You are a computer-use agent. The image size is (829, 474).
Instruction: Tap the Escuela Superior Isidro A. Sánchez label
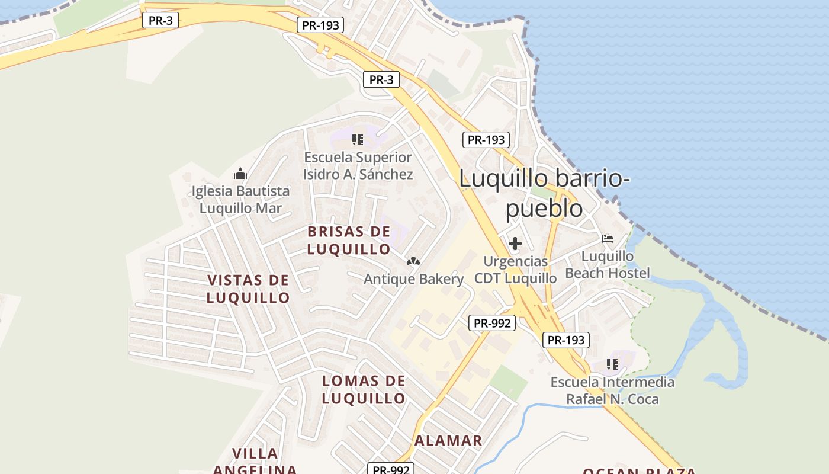click(358, 166)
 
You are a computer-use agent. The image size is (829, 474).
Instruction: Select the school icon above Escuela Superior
click(358, 140)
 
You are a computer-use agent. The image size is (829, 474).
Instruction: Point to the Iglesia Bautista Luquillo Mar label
click(240, 200)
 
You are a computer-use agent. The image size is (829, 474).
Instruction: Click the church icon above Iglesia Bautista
click(240, 174)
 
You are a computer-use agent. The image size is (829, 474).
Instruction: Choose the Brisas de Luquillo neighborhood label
click(349, 240)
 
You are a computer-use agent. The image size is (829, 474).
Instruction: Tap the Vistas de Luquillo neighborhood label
click(248, 289)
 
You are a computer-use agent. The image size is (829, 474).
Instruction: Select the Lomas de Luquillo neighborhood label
click(364, 389)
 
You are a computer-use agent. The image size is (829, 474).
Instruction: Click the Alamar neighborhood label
click(448, 441)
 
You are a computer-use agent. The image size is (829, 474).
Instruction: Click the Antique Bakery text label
click(413, 279)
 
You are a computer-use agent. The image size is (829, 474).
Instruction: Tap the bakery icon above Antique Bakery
click(413, 261)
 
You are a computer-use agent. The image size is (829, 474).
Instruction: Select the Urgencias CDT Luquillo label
click(515, 270)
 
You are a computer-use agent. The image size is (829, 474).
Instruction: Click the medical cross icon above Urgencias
click(515, 243)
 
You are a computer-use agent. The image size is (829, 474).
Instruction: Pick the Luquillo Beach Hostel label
click(608, 264)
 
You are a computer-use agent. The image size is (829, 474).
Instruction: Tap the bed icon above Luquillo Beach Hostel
click(608, 239)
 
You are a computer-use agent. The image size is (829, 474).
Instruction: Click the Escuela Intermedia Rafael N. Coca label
click(612, 390)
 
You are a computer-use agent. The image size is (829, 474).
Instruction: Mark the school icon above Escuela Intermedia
click(612, 364)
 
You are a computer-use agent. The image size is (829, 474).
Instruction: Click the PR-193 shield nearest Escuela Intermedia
click(565, 340)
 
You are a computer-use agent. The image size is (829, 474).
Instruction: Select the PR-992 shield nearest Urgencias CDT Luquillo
click(492, 323)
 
